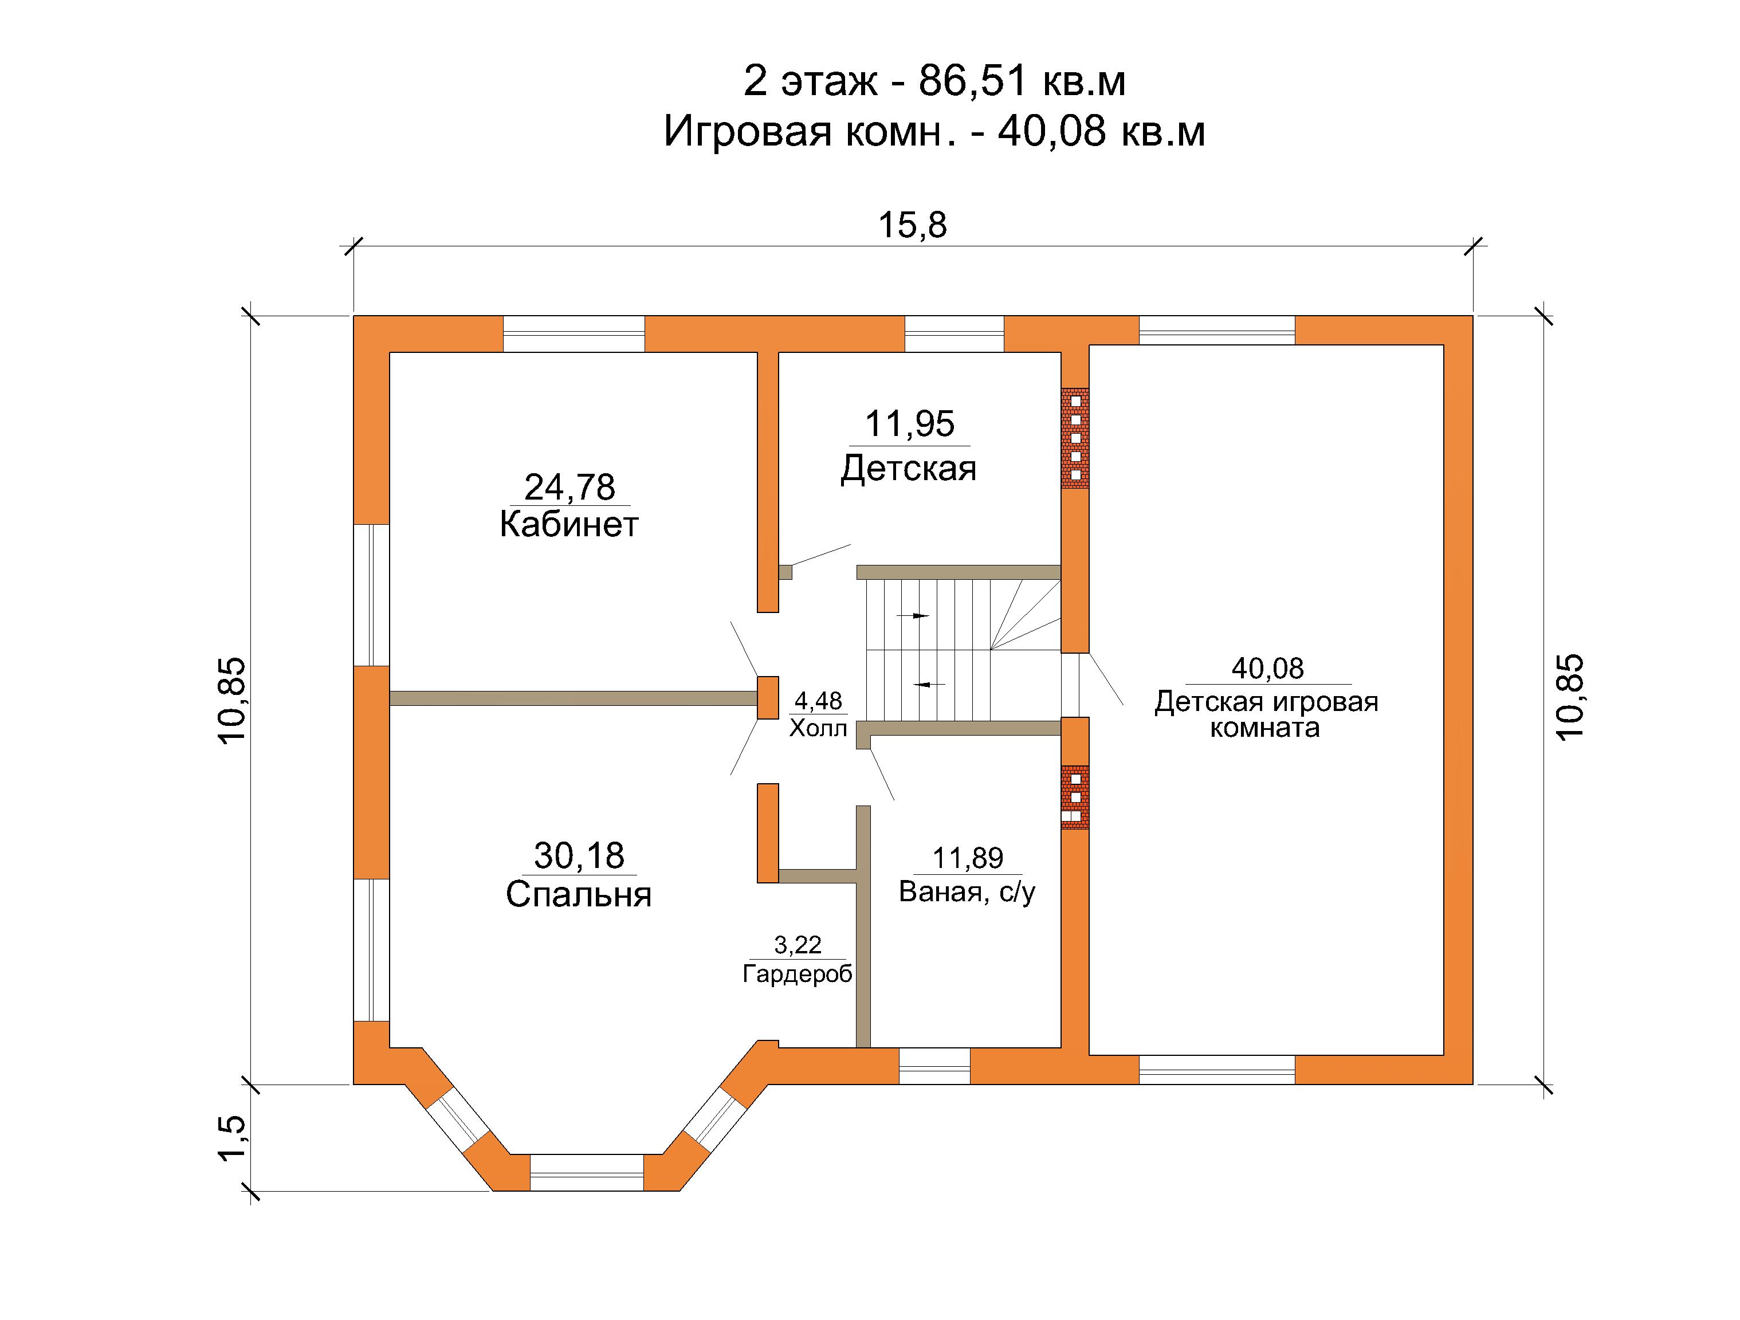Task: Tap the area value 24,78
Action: click(x=569, y=487)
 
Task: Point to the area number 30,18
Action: click(x=579, y=855)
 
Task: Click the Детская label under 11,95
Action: click(x=909, y=469)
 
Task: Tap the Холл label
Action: click(x=818, y=728)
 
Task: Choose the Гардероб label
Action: click(x=798, y=975)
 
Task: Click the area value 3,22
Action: click(x=798, y=944)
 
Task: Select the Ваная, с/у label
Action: click(x=967, y=892)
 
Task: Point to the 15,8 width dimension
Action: click(x=913, y=225)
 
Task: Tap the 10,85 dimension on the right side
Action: click(x=1569, y=697)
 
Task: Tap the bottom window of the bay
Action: click(x=587, y=1172)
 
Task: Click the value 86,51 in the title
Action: click(x=973, y=81)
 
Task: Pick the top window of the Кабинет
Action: click(x=574, y=333)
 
